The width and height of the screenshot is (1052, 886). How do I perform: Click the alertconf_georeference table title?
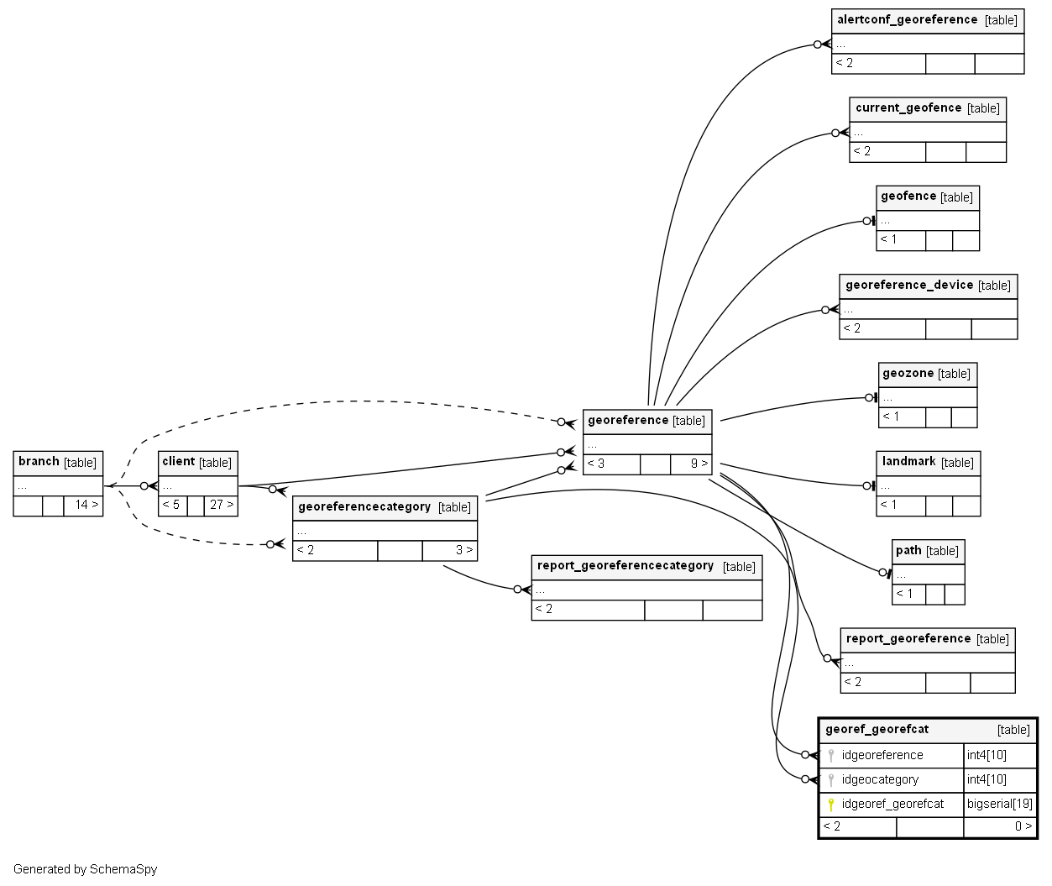[907, 20]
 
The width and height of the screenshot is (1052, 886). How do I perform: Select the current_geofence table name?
[908, 108]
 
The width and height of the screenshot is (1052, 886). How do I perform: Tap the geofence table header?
[908, 197]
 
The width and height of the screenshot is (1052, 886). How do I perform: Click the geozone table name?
[908, 374]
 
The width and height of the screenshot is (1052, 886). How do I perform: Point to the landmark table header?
[908, 462]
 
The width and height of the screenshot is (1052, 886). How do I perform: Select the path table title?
[908, 551]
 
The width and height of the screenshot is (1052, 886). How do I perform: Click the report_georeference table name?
[908, 639]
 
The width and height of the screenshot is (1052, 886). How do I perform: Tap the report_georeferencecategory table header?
[625, 566]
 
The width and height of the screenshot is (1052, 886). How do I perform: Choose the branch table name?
[39, 462]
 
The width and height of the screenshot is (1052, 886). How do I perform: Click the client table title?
[178, 462]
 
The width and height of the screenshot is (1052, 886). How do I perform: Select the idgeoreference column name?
[882, 756]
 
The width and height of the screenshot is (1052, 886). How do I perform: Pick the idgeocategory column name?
[880, 780]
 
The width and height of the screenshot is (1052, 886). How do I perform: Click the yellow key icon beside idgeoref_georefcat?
[831, 805]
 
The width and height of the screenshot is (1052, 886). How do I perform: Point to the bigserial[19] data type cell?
[999, 805]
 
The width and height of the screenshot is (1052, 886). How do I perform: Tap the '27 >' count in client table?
[222, 506]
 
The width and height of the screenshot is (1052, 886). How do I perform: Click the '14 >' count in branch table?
[86, 506]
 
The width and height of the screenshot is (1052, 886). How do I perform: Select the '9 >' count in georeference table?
[699, 464]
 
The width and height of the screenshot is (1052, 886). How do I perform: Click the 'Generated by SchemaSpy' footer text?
[85, 870]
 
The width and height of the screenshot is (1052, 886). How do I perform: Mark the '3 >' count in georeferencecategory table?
[463, 551]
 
